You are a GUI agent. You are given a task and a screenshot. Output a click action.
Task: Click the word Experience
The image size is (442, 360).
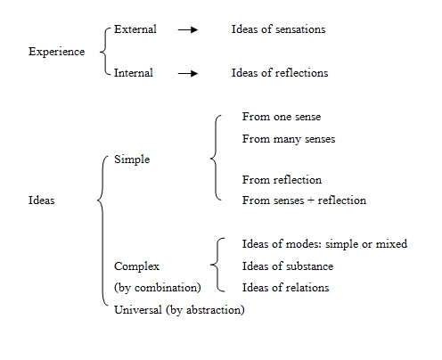point(57,52)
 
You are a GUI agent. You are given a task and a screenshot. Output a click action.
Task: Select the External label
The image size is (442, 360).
point(135,29)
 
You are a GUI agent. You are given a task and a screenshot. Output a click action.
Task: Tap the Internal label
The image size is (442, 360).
point(134,73)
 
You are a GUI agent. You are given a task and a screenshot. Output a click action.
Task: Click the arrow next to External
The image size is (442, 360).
point(188,29)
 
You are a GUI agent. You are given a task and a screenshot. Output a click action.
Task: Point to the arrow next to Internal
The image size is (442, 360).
point(188,73)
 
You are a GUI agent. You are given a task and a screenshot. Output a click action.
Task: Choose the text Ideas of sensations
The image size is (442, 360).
point(278,29)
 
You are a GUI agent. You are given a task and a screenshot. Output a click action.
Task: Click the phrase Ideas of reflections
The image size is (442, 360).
point(280,73)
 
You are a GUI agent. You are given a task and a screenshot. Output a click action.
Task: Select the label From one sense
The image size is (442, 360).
point(282,117)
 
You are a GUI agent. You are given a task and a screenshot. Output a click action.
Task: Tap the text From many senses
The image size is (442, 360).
point(289,139)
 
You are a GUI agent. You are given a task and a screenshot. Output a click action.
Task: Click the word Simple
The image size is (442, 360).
point(132,160)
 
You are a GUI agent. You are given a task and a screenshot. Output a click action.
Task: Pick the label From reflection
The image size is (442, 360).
point(282,180)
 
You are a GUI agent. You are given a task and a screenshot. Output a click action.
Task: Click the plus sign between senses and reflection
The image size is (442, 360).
point(311,200)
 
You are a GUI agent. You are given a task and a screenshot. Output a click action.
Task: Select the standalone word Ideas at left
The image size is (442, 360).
point(41,200)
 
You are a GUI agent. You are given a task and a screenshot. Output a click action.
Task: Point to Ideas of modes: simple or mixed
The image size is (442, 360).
point(324,244)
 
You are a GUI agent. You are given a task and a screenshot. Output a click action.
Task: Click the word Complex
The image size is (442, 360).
point(136,266)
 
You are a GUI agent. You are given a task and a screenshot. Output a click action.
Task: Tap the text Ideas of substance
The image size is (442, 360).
point(288,266)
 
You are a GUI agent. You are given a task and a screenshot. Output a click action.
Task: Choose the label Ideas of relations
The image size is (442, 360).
point(285,288)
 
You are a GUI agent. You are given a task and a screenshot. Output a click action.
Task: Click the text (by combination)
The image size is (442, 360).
point(158,288)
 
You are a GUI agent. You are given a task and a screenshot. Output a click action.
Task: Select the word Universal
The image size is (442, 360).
point(138,310)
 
